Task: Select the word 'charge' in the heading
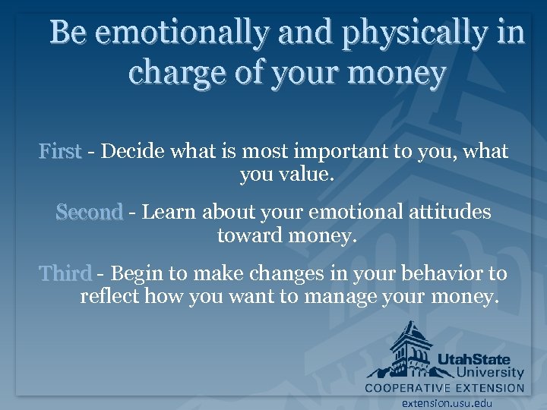(169, 74)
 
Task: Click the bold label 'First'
(60, 152)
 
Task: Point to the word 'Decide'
(134, 152)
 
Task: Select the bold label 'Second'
(89, 212)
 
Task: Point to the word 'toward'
(250, 236)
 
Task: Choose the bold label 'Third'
(65, 273)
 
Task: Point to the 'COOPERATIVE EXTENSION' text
(444, 388)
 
